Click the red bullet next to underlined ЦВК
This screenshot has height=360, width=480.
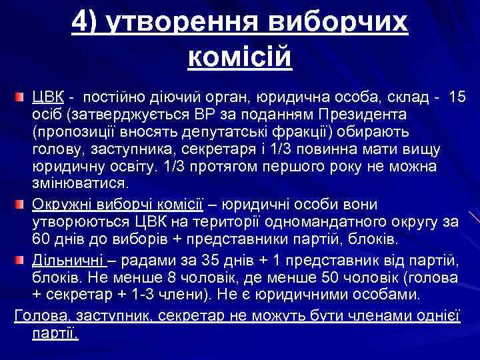23,97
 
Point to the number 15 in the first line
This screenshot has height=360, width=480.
458,97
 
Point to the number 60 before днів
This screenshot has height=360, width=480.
42,239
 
